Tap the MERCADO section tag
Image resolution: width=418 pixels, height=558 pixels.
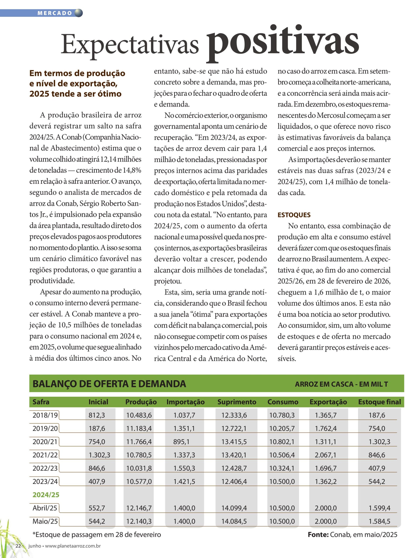55,13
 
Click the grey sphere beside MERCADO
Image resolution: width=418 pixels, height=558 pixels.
79,13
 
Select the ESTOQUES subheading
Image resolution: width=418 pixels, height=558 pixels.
294,215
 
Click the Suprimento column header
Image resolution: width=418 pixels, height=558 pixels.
237,402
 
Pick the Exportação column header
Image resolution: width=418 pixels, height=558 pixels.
328,402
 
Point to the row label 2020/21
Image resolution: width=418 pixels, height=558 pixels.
45,442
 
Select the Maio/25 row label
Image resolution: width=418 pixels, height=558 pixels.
45,521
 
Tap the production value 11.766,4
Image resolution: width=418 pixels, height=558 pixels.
139,442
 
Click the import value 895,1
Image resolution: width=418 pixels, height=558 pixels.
181,442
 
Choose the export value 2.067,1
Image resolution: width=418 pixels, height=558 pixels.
325,455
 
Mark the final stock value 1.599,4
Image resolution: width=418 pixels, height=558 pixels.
379,508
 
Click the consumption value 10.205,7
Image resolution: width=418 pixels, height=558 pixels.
282,428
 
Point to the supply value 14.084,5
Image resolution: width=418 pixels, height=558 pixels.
234,521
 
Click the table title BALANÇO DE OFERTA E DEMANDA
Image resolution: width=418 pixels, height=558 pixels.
109,384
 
